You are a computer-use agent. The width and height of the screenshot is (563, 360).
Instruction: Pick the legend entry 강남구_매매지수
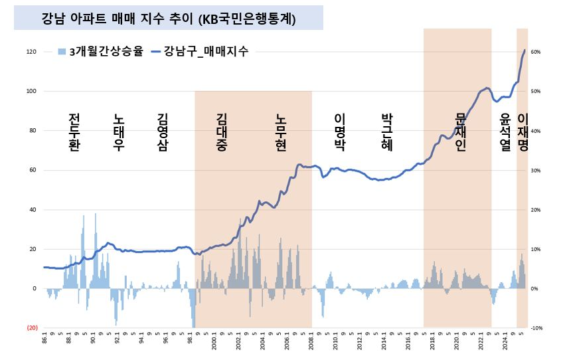pos(200,52)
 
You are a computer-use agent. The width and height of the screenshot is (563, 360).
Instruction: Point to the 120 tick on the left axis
pos(32,52)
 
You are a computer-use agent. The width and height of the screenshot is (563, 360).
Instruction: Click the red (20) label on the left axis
pos(32,328)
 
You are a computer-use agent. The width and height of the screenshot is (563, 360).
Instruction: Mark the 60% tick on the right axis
pos(536,52)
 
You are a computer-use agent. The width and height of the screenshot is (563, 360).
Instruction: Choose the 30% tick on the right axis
pos(536,171)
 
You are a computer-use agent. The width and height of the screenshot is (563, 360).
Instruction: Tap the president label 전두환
pos(74,132)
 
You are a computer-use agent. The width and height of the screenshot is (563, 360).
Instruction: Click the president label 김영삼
pos(162,132)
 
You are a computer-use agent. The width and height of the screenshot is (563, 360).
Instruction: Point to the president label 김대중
pos(222,132)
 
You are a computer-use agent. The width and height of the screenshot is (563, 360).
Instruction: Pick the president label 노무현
pos(281,132)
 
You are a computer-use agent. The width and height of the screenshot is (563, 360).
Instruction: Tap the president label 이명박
pos(339,132)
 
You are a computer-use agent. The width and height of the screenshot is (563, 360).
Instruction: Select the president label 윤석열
pos(505,132)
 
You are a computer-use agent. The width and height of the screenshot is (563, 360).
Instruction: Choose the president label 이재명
pos(523,132)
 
